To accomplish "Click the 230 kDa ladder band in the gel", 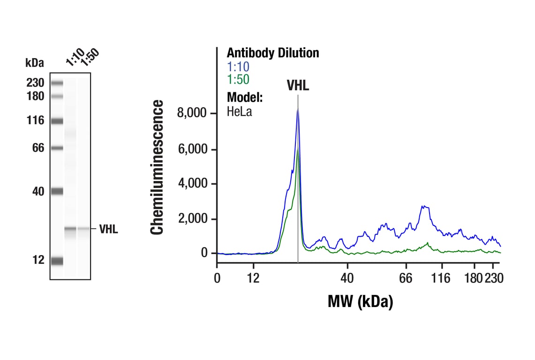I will pos(57,83).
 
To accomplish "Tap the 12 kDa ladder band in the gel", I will pos(57,261).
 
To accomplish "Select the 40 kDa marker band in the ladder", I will pos(57,191).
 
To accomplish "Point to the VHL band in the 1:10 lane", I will pos(70,229).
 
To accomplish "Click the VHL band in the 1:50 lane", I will pos(83,229).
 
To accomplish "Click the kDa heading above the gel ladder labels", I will pos(34,63).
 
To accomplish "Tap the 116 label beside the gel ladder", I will pos(36,121).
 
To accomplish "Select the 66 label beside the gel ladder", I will pos(38,148).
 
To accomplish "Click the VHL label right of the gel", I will pos(109,230).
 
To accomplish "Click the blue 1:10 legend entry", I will pos(238,67).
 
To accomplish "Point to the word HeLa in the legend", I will pos(239,112).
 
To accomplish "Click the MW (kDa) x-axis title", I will pos(360,301).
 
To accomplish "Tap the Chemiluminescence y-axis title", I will pos(158,167).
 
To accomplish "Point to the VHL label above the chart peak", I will pos(298,86).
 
